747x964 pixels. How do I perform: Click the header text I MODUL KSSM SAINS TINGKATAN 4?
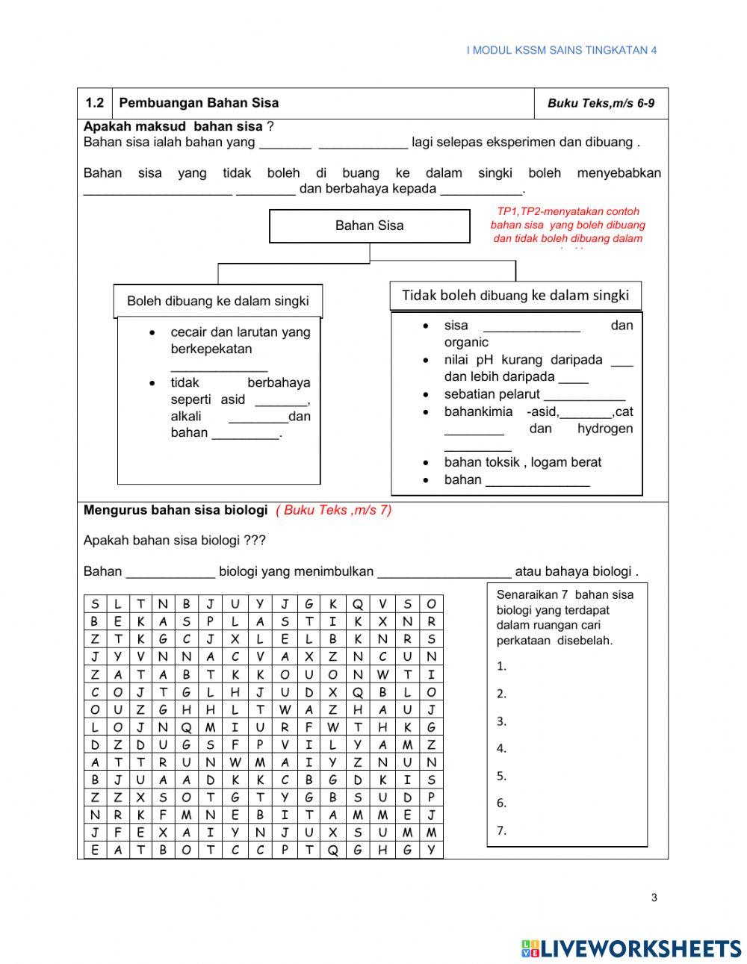pyautogui.click(x=561, y=50)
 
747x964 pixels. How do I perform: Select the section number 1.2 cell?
pyautogui.click(x=95, y=103)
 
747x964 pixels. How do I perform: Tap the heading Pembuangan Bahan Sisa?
pyautogui.click(x=199, y=103)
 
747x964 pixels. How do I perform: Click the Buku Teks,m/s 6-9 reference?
pyautogui.click(x=601, y=104)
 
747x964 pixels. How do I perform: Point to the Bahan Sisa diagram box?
pyautogui.click(x=369, y=226)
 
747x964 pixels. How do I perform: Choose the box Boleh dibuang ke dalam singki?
pyautogui.click(x=217, y=301)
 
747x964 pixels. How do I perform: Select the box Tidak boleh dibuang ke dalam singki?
pyautogui.click(x=515, y=295)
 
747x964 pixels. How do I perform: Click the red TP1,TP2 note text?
pyautogui.click(x=568, y=225)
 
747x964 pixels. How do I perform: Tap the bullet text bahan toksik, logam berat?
pyautogui.click(x=522, y=462)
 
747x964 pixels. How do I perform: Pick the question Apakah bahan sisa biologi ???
pyautogui.click(x=174, y=540)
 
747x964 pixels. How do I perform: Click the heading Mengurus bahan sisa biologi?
pyautogui.click(x=176, y=510)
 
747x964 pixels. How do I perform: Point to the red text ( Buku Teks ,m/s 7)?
pyautogui.click(x=333, y=510)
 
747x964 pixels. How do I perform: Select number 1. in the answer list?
pyautogui.click(x=501, y=666)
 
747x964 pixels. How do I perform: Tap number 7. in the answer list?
pyautogui.click(x=501, y=830)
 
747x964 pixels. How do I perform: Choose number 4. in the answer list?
pyautogui.click(x=501, y=748)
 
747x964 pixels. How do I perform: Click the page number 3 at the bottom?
pyautogui.click(x=654, y=898)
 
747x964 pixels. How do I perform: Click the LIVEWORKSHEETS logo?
pyautogui.click(x=631, y=948)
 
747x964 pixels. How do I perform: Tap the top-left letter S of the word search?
pyautogui.click(x=95, y=604)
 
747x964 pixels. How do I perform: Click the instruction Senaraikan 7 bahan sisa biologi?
pyautogui.click(x=565, y=617)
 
